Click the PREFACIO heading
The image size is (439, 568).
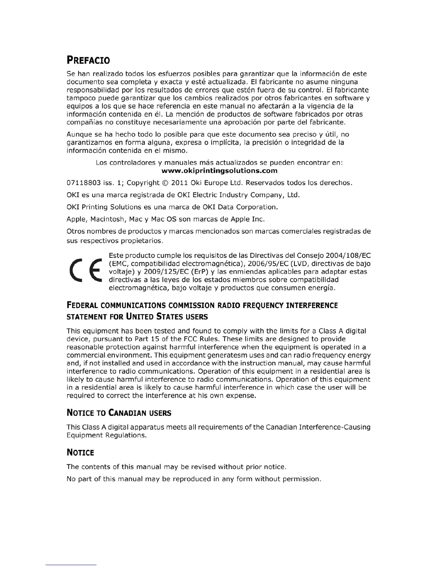(88, 60)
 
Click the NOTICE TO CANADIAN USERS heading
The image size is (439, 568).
(119, 413)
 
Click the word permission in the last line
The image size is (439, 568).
(302, 479)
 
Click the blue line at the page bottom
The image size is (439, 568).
(71, 565)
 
